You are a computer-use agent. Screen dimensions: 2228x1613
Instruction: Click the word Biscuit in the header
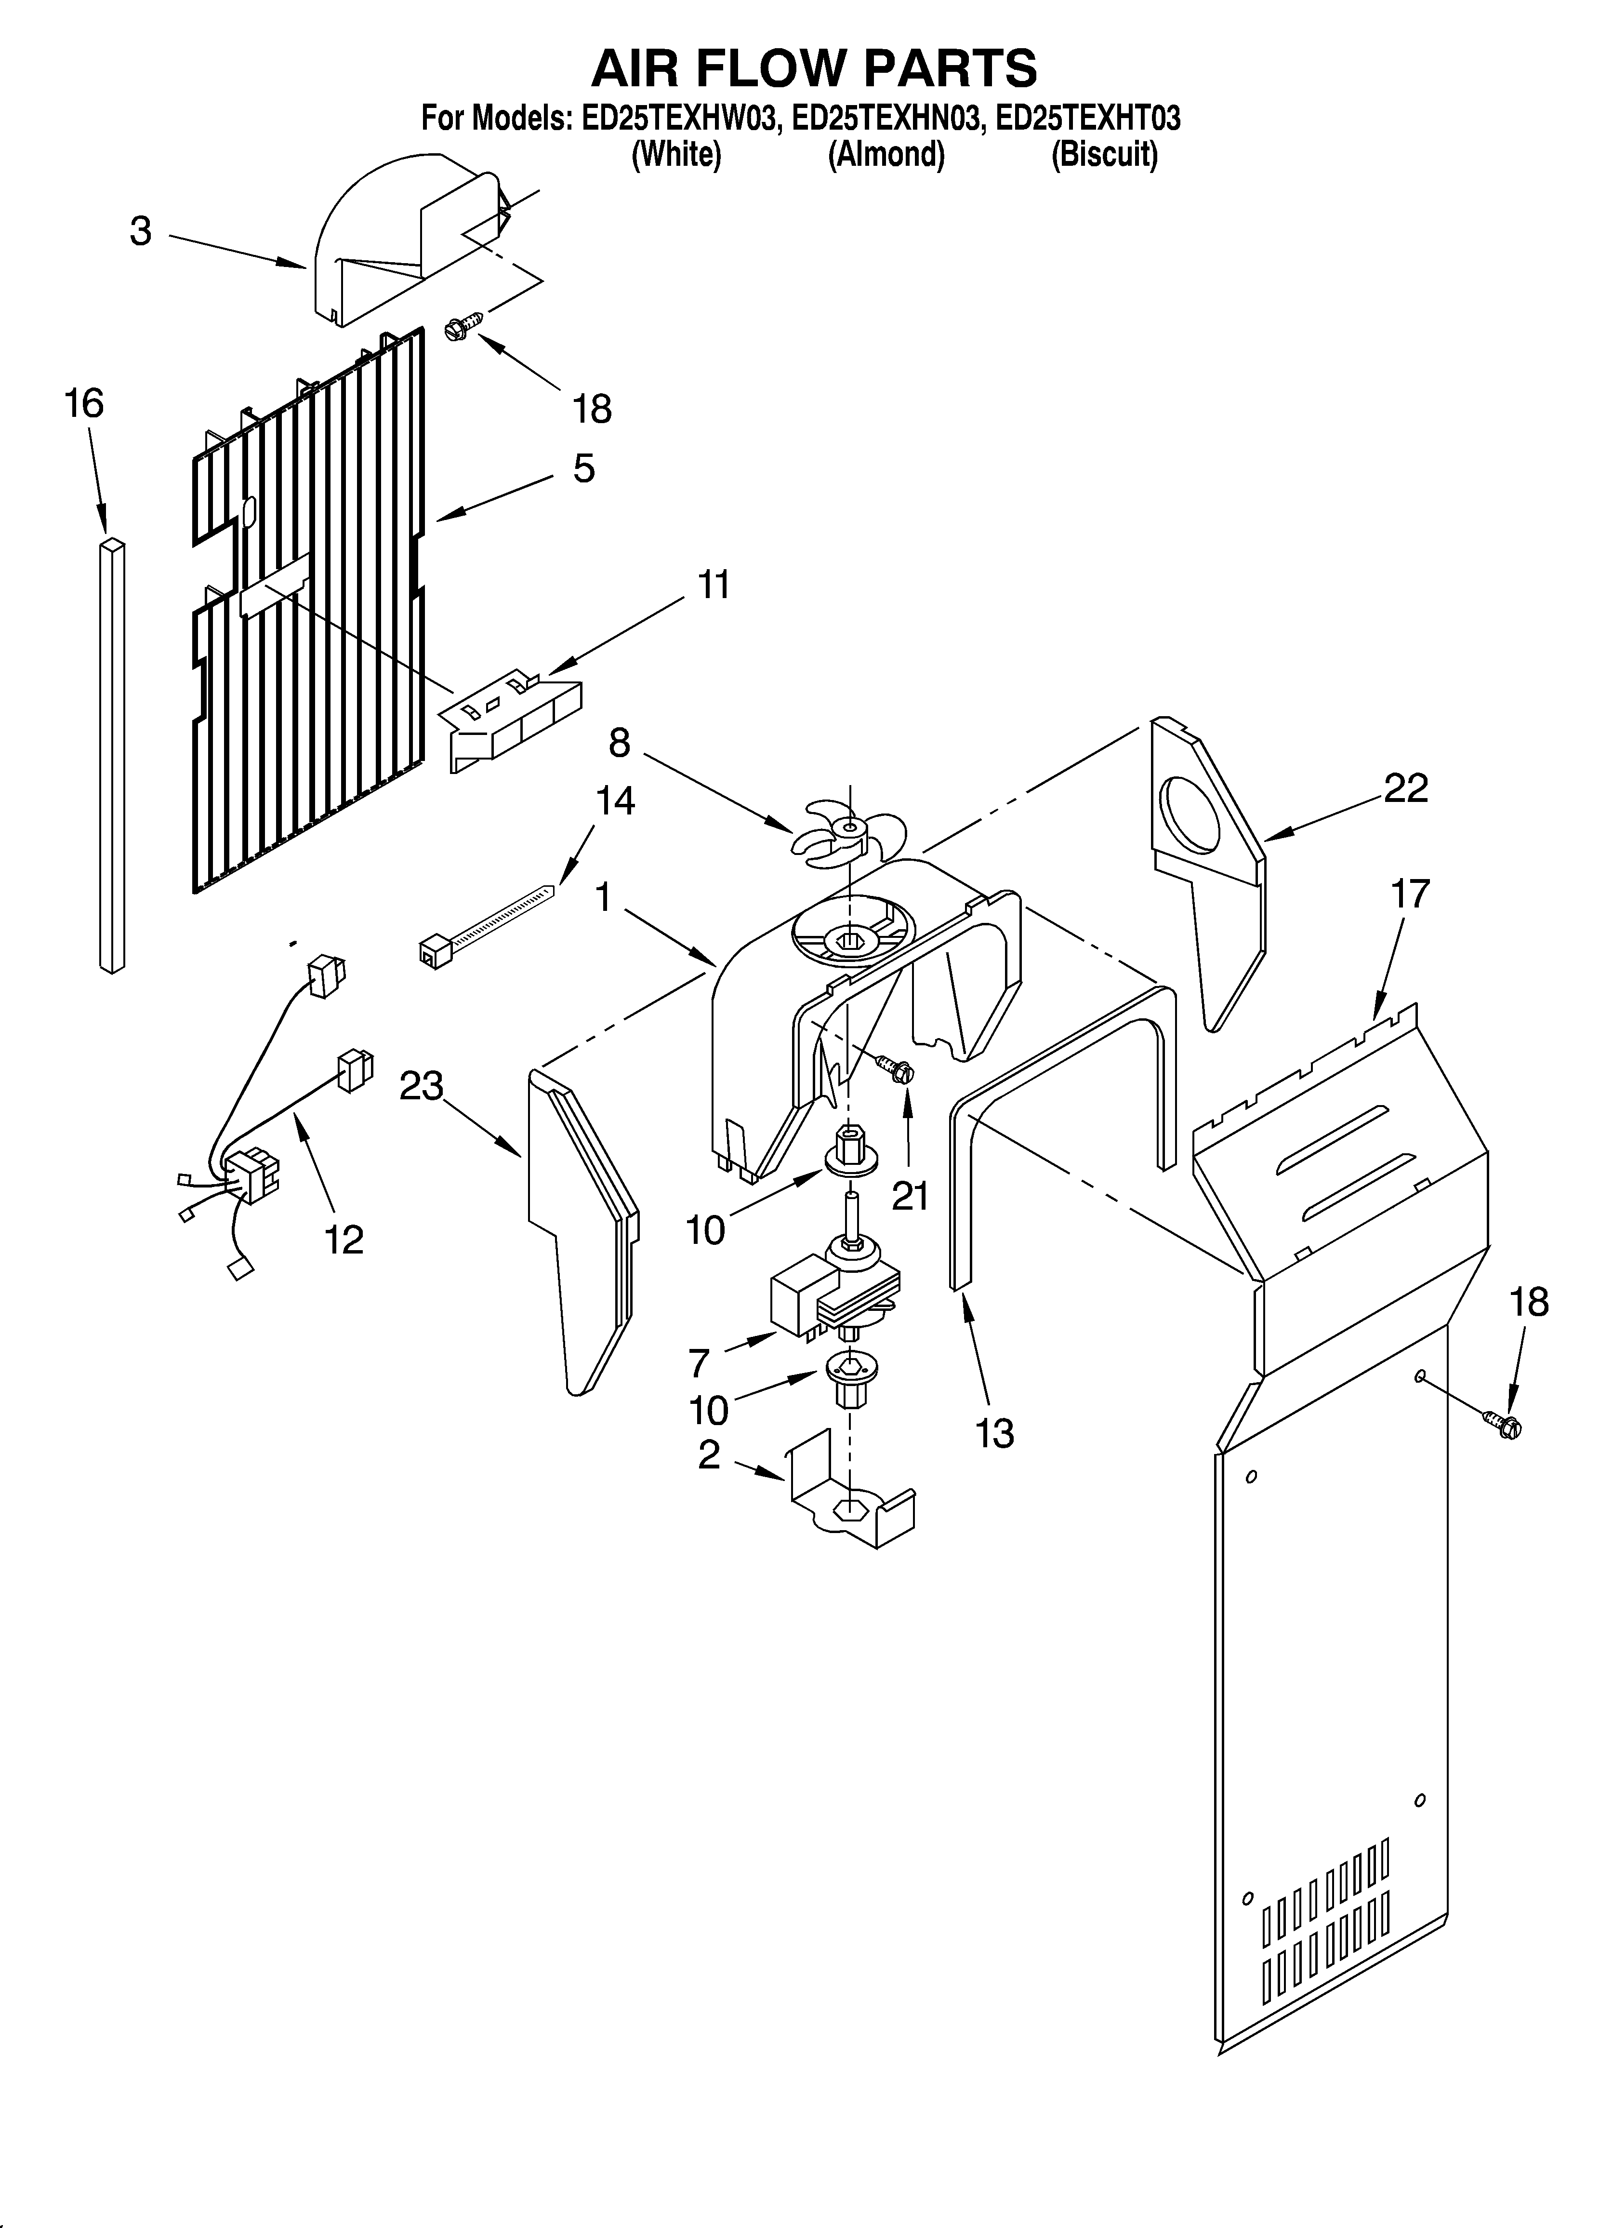[x=1104, y=155]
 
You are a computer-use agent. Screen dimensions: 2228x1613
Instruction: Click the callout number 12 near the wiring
[x=344, y=1240]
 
